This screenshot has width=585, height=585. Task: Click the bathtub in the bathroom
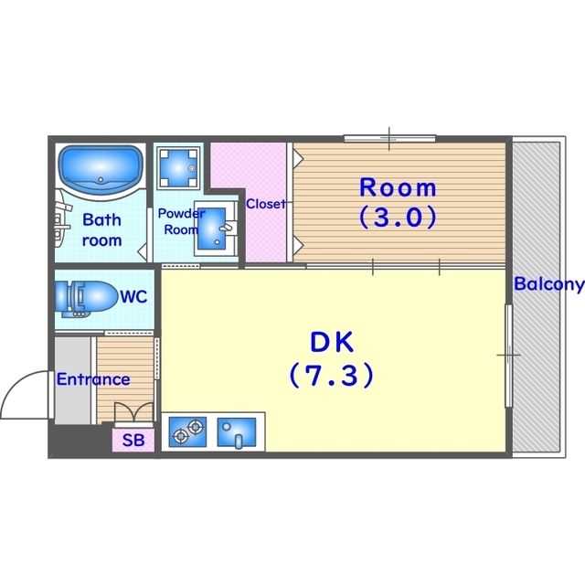(x=101, y=170)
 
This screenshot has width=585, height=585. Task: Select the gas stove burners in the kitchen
(x=187, y=431)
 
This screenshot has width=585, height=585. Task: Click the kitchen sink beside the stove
(x=237, y=432)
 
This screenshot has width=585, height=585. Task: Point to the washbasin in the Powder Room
(x=216, y=228)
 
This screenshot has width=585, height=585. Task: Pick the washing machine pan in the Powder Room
(x=178, y=167)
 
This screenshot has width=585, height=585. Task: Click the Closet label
(x=266, y=204)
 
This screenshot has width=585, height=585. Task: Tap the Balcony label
(x=548, y=284)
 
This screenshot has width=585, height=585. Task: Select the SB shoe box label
(x=133, y=441)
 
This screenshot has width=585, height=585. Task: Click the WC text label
(x=133, y=296)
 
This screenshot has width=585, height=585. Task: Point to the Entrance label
(x=93, y=379)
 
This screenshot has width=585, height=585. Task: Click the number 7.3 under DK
(x=331, y=375)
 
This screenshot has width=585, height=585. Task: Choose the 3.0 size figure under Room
(x=398, y=217)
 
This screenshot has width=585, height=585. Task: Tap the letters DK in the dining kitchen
(x=332, y=342)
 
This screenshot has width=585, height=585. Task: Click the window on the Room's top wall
(x=389, y=139)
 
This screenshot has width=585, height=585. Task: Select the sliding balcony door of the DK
(x=508, y=356)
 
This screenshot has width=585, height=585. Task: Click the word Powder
(x=181, y=213)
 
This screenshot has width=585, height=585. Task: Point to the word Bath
(x=101, y=219)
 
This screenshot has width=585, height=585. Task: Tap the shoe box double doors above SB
(x=133, y=413)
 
